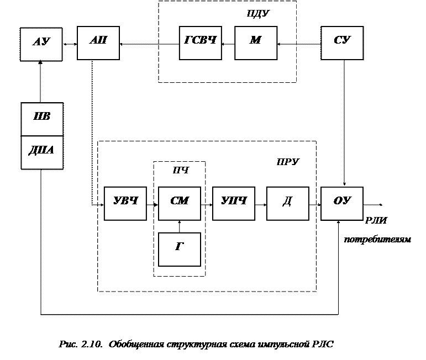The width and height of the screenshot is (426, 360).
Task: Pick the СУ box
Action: [x=342, y=42]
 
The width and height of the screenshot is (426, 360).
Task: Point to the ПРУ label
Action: [x=287, y=162]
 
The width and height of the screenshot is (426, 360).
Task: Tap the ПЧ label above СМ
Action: [x=180, y=171]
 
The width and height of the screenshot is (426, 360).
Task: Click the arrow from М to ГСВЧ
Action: [x=228, y=43]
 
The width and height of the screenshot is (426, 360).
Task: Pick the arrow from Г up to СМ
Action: [x=179, y=226]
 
